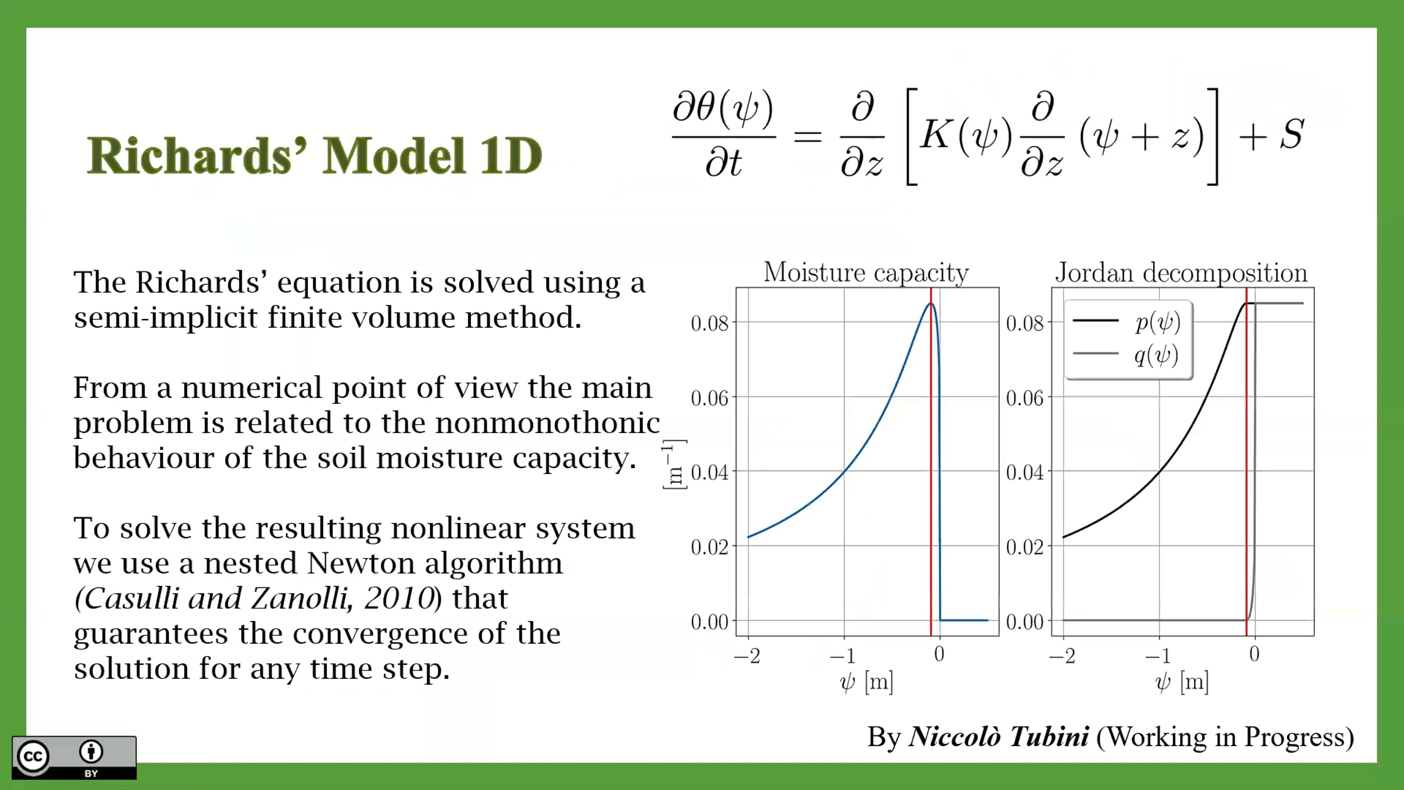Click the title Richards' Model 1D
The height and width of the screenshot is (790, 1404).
(x=315, y=156)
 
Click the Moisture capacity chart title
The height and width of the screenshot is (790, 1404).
(x=866, y=273)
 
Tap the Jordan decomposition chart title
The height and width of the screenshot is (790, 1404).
(x=1181, y=273)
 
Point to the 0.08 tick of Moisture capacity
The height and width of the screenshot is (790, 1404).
(x=710, y=323)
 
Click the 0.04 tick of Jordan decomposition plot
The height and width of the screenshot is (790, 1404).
(x=1025, y=472)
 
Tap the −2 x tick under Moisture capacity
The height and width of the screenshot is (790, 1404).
(x=747, y=655)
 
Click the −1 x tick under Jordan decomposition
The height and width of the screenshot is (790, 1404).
(x=1158, y=655)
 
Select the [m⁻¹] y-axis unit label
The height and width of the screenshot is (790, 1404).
(x=675, y=464)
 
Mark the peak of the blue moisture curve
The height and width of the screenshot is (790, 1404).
(x=931, y=303)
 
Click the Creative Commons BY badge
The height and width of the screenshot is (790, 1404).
(x=74, y=758)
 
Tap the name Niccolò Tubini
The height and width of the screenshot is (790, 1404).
(x=999, y=737)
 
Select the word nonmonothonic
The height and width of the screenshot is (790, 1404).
(x=548, y=423)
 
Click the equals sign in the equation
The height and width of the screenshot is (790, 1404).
(x=808, y=137)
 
